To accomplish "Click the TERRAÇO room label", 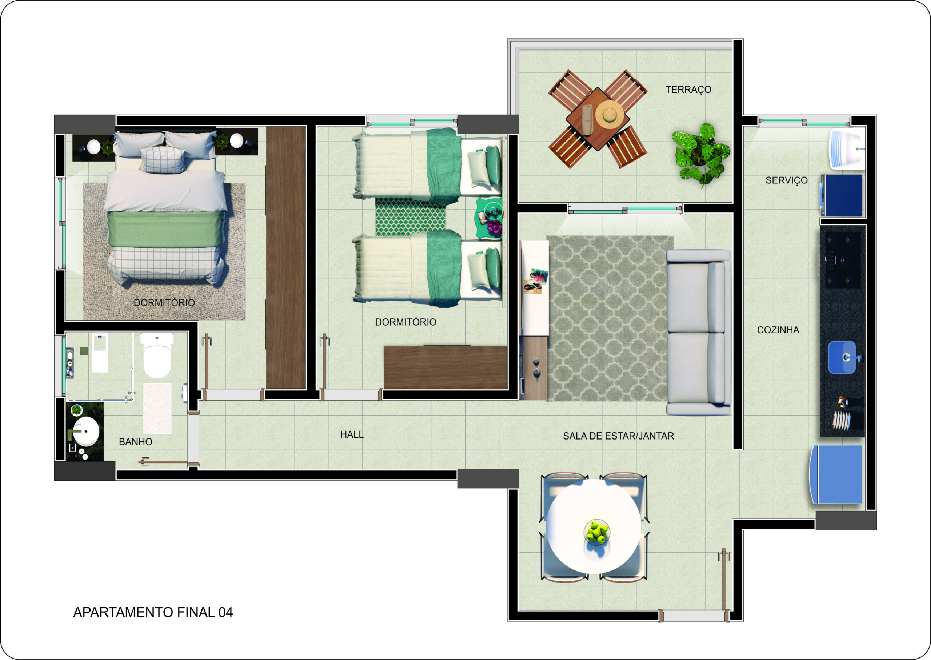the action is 688,90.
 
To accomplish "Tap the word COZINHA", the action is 778,330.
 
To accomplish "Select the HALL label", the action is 352,434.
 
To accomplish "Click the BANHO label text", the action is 135,442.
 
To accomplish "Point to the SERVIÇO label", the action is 786,180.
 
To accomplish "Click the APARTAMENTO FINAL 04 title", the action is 153,612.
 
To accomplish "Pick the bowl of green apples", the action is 597,532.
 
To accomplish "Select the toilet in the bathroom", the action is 157,355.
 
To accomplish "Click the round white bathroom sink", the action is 86,431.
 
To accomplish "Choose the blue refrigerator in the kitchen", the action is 836,475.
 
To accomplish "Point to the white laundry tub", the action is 847,149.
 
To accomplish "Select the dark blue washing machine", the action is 841,195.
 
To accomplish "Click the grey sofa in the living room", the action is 698,333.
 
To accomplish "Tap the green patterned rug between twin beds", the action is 410,216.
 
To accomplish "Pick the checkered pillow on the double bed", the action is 163,160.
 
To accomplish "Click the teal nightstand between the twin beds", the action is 490,218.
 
